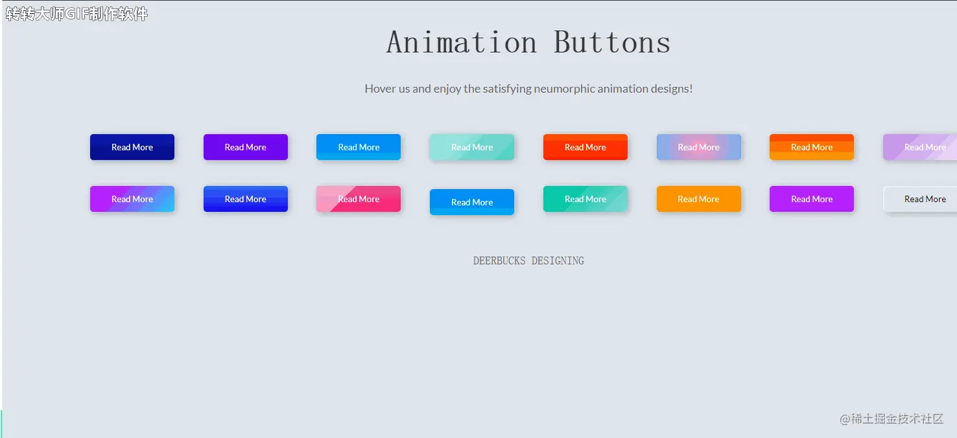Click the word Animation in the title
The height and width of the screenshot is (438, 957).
pyautogui.click(x=462, y=42)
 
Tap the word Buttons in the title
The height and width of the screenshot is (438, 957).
pyautogui.click(x=612, y=42)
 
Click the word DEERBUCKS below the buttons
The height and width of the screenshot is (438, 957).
pyautogui.click(x=499, y=261)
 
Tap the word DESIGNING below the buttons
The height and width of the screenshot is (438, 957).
pyautogui.click(x=558, y=261)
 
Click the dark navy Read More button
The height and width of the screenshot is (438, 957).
pyautogui.click(x=132, y=147)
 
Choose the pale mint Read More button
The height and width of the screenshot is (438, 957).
pyautogui.click(x=471, y=147)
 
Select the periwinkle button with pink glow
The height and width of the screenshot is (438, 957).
pyautogui.click(x=698, y=147)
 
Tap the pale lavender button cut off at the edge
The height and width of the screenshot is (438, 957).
pyautogui.click(x=920, y=147)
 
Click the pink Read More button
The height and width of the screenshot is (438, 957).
pyautogui.click(x=359, y=199)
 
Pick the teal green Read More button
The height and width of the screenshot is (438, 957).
pyautogui.click(x=585, y=199)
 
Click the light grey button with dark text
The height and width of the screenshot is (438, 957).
pyautogui.click(x=920, y=199)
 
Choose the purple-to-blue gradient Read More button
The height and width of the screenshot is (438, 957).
pyautogui.click(x=132, y=199)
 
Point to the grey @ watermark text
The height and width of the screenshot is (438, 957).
pyautogui.click(x=892, y=419)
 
